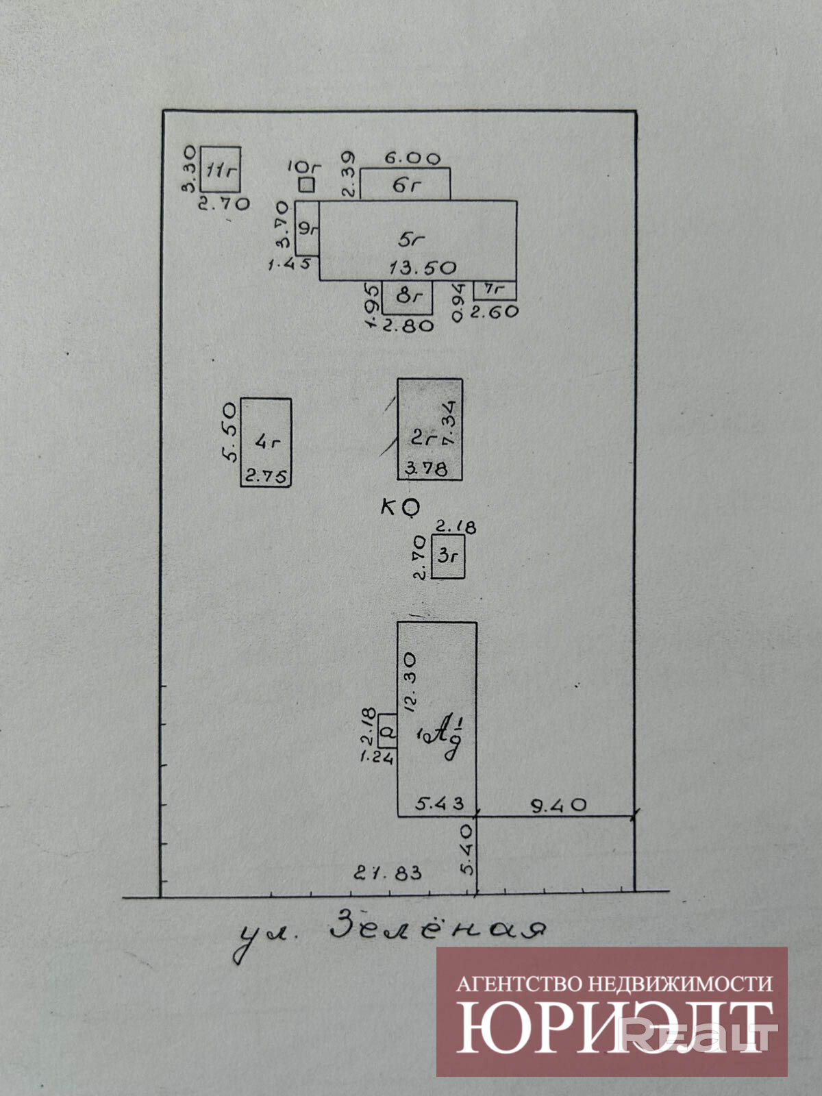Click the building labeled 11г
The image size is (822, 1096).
pyautogui.click(x=220, y=169)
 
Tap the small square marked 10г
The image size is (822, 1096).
pyautogui.click(x=307, y=184)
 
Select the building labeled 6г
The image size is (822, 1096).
pyautogui.click(x=405, y=184)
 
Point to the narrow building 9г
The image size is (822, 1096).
pyautogui.click(x=307, y=228)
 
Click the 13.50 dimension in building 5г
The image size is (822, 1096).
pyautogui.click(x=422, y=267)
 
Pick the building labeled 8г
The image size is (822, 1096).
pyautogui.click(x=408, y=297)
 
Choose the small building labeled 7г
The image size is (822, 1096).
pyautogui.click(x=495, y=290)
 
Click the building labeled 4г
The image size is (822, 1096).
pyautogui.click(x=266, y=441)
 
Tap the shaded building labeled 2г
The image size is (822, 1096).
pyautogui.click(x=429, y=429)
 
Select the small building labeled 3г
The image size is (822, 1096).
pyautogui.click(x=448, y=556)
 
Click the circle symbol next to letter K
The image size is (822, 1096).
pyautogui.click(x=410, y=507)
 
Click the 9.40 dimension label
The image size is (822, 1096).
pyautogui.click(x=559, y=805)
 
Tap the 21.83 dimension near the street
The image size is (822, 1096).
pyautogui.click(x=388, y=873)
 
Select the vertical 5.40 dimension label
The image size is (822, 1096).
pyautogui.click(x=467, y=849)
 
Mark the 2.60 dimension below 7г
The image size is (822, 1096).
pyautogui.click(x=495, y=311)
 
